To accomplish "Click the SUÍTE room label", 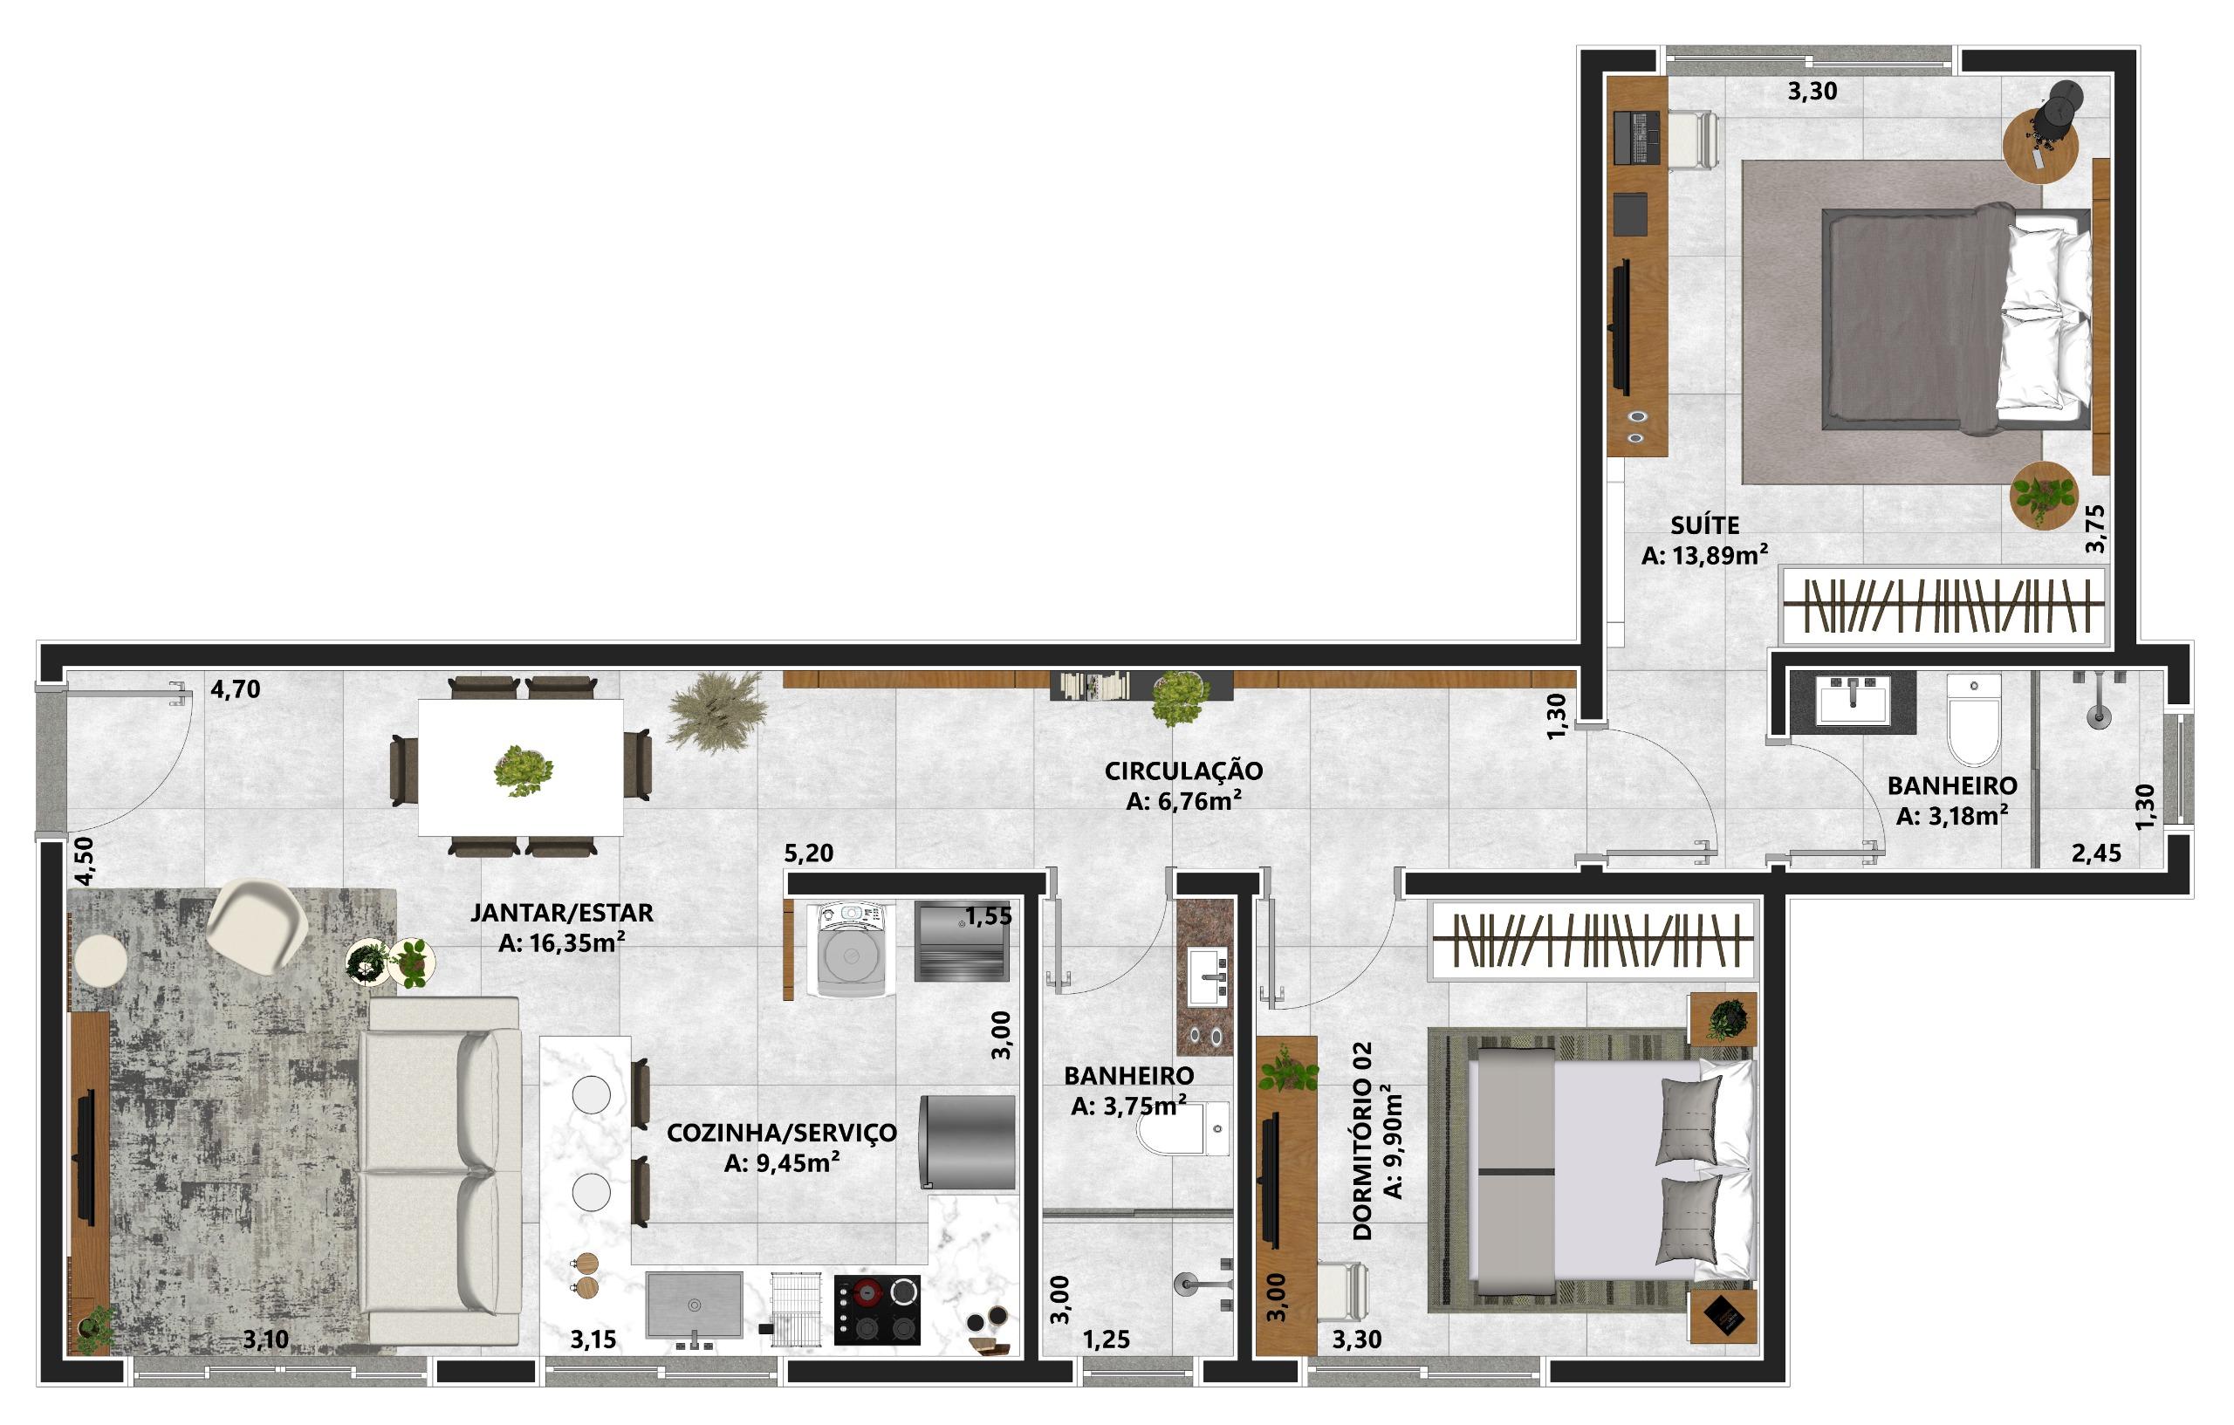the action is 1705,526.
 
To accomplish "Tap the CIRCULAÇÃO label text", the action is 1184,771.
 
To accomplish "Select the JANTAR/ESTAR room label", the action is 562,913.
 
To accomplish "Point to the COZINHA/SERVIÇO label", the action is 782,1133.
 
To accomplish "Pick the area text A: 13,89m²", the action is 1705,556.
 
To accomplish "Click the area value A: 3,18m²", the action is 1953,817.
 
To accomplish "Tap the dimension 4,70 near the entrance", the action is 236,689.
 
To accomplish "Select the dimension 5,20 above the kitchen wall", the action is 808,853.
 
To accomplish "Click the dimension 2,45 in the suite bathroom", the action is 2097,853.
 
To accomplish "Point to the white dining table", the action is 520,767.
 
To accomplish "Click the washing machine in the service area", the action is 851,950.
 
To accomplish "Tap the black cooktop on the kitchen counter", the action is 877,1310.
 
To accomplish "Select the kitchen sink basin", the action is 694,1305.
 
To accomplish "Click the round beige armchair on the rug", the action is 257,925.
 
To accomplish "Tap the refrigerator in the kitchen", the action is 967,1143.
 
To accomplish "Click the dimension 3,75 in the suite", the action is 2095,529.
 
